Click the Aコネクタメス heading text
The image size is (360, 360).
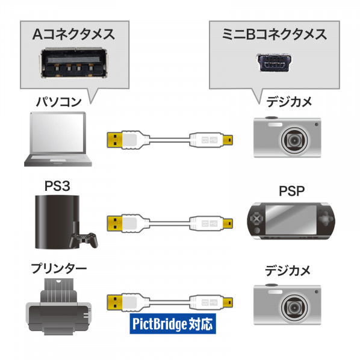(x=73, y=34)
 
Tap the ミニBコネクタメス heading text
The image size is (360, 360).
(x=274, y=34)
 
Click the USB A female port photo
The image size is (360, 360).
(x=75, y=63)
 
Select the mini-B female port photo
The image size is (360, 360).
(x=274, y=63)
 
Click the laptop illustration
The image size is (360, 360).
(x=58, y=139)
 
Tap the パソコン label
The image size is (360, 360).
(x=59, y=102)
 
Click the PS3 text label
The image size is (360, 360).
(x=57, y=186)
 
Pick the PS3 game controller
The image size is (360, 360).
(x=84, y=240)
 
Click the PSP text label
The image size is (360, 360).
(x=291, y=191)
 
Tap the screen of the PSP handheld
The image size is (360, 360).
(x=291, y=219)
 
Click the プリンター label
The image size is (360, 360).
(x=59, y=268)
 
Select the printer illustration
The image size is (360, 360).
(x=58, y=307)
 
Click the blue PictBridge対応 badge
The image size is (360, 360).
(x=173, y=323)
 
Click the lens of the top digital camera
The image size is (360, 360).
(x=294, y=140)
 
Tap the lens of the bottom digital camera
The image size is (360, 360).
(x=294, y=307)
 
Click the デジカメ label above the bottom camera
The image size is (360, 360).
(x=288, y=270)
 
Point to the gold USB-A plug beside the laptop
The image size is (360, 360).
(x=114, y=140)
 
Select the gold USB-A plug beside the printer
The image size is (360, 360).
(x=114, y=302)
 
